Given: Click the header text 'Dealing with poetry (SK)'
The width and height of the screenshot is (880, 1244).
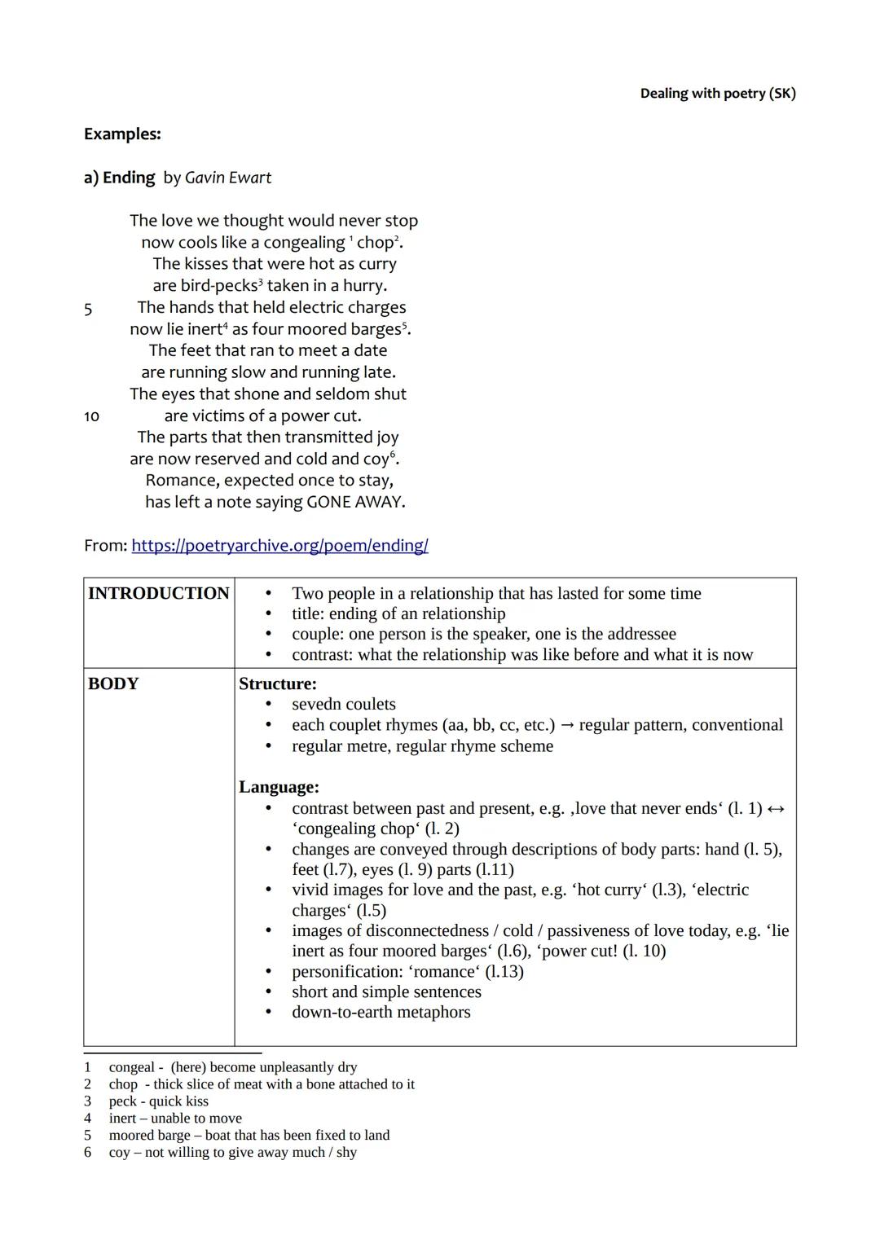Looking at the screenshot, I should pyautogui.click(x=717, y=94).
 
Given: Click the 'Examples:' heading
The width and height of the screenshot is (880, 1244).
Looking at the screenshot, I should pyautogui.click(x=122, y=134).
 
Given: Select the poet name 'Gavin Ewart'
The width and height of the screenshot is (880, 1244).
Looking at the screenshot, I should pyautogui.click(x=228, y=178).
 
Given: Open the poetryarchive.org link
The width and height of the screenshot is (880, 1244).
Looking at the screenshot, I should pyautogui.click(x=279, y=546).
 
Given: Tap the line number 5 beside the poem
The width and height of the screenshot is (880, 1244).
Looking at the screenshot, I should pyautogui.click(x=88, y=309).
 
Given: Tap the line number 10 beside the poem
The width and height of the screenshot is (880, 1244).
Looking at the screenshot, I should pyautogui.click(x=91, y=416).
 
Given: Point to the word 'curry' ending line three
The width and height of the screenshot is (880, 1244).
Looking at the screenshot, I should pyautogui.click(x=376, y=264).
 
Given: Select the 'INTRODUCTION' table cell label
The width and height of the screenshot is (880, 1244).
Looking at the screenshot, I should pyautogui.click(x=158, y=594).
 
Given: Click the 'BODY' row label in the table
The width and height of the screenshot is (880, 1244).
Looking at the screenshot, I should pyautogui.click(x=113, y=684).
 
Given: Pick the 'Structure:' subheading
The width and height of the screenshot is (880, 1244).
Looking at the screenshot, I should pyautogui.click(x=277, y=684).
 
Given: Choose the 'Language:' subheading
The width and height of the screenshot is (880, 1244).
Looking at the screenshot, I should pyautogui.click(x=279, y=788).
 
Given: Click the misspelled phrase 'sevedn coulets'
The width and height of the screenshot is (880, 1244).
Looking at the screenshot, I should pyautogui.click(x=343, y=705).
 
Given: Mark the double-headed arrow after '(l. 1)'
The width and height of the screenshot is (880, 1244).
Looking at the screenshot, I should pyautogui.click(x=776, y=809).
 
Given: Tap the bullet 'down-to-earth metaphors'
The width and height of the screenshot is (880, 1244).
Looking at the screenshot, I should pyautogui.click(x=381, y=1013).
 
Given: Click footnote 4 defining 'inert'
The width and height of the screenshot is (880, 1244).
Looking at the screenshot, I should pyautogui.click(x=174, y=1119).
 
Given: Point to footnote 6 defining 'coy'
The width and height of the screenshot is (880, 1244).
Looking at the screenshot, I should pyautogui.click(x=231, y=1153).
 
